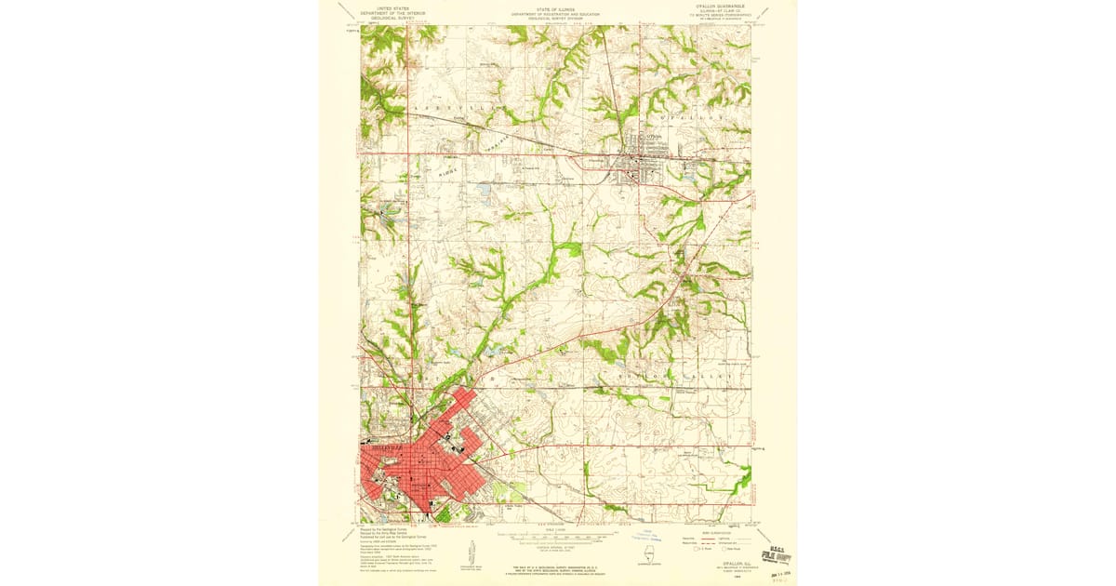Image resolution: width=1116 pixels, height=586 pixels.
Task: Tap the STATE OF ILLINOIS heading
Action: click(x=555, y=9)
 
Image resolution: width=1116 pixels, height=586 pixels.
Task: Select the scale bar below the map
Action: click(x=555, y=538)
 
